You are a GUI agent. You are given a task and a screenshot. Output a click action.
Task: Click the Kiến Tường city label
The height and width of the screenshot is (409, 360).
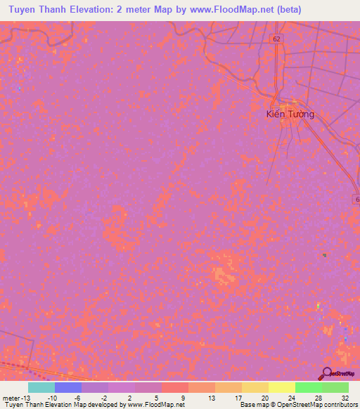point(290,113)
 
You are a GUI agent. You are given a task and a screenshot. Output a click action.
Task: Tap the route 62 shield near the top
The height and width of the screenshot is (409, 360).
point(277,39)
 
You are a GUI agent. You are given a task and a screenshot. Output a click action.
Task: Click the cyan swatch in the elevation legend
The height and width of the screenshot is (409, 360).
point(41,387)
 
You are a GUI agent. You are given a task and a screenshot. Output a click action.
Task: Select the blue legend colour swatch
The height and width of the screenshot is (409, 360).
point(67,387)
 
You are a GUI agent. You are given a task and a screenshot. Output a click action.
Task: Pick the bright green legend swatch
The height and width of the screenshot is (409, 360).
point(308,387)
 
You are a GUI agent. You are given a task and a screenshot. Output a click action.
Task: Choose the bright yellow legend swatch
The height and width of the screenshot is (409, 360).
point(281,387)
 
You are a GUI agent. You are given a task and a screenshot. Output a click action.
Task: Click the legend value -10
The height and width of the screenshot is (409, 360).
point(53,397)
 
